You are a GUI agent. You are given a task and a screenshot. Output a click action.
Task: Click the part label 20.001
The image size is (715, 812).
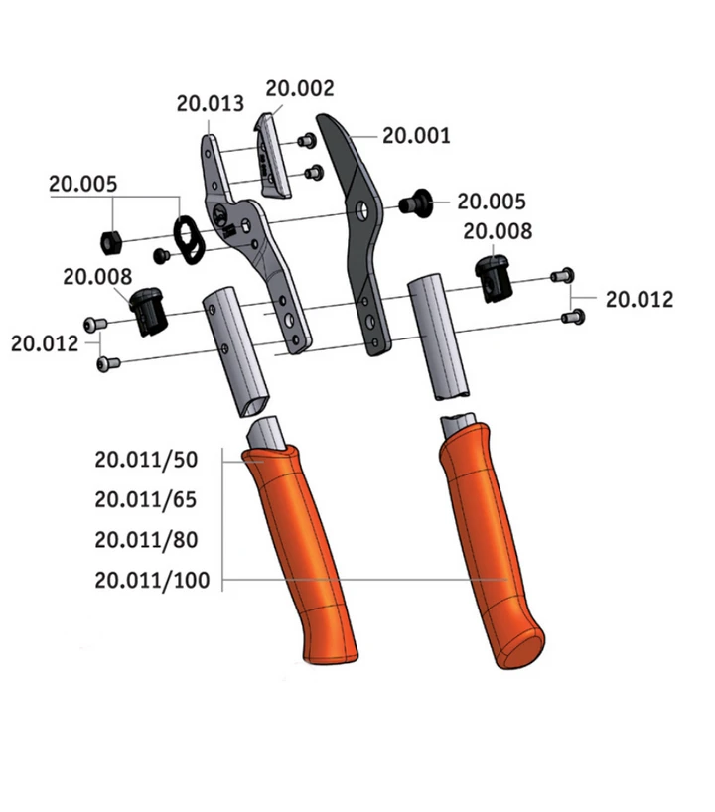(416, 136)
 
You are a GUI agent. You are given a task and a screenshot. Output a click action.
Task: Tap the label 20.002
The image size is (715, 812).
(300, 88)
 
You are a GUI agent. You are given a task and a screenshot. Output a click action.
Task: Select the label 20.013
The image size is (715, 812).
(211, 103)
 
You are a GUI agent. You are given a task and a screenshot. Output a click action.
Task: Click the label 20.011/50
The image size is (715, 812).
(146, 460)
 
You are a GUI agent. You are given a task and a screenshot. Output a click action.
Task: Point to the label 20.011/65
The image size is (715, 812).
(146, 499)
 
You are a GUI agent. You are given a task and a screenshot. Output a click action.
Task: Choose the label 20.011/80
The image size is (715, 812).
(146, 540)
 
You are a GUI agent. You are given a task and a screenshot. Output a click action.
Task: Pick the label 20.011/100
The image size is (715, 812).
(152, 580)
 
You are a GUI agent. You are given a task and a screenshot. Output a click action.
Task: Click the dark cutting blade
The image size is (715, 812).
(357, 233)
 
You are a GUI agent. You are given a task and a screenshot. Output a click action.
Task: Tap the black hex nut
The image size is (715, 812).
(111, 242)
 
